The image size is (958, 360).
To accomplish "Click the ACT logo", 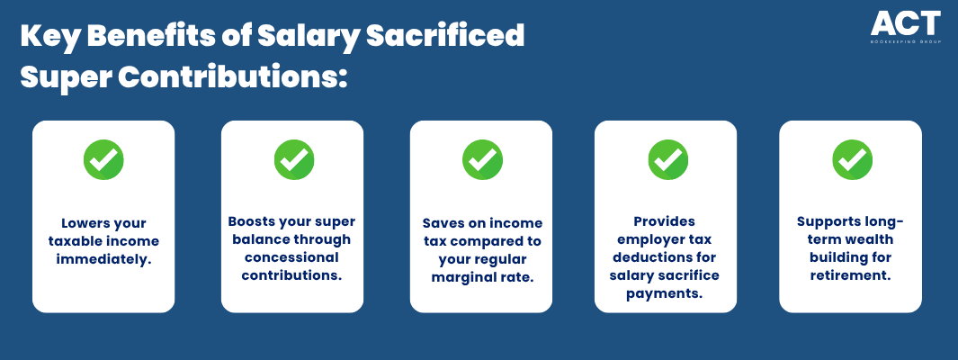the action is [906, 27].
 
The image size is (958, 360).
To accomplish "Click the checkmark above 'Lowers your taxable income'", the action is [103, 159].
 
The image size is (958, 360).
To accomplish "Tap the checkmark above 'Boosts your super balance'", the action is [294, 159].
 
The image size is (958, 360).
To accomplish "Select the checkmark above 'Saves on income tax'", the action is [482, 159].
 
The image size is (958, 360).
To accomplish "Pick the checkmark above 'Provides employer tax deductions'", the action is [667, 159].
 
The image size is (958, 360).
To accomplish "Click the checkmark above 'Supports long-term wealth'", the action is [852, 159].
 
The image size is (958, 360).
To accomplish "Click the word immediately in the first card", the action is [103, 259].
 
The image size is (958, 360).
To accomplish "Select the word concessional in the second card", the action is [292, 257].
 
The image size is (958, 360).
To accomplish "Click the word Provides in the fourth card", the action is [664, 221].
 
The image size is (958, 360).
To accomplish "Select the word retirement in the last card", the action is [850, 275].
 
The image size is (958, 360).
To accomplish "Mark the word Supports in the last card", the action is [826, 222].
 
